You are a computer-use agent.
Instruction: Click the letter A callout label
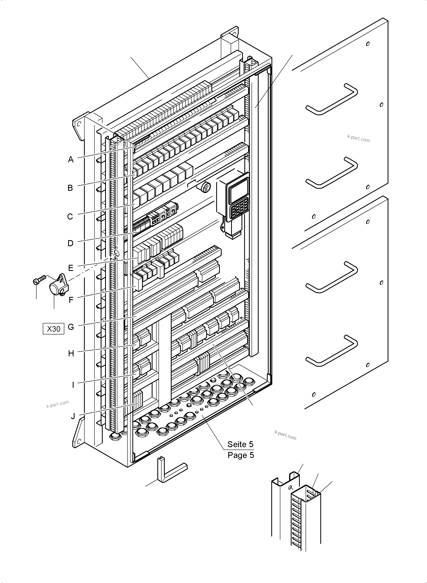point(71,160)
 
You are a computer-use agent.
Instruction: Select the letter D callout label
point(70,243)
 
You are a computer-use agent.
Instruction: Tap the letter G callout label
point(71,327)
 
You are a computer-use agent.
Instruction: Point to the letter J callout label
point(73,416)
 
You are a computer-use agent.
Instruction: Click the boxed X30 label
point(53,329)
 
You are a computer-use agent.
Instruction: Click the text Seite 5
point(240,444)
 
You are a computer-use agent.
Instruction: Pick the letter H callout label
point(71,353)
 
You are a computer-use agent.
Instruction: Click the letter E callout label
point(71,268)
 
